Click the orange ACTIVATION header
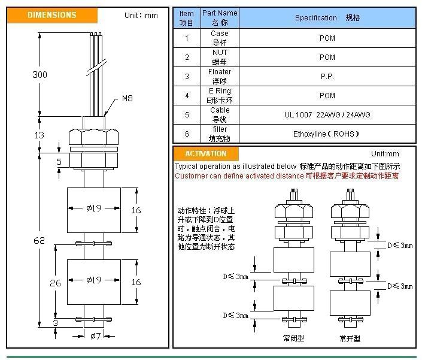[205, 154]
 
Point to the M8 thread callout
[127, 98]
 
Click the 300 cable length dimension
[40, 74]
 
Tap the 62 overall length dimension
[39, 240]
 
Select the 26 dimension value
[55, 283]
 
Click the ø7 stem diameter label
[95, 336]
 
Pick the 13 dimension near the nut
[39, 135]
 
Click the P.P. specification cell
[327, 76]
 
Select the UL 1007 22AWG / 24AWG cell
[327, 114]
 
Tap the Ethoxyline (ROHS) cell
[327, 134]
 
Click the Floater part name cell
[219, 76]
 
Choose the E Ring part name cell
[219, 95]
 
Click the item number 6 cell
[187, 134]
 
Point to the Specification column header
[327, 18]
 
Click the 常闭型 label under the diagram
[293, 338]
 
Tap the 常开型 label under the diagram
[350, 338]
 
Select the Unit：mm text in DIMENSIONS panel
[141, 15]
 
